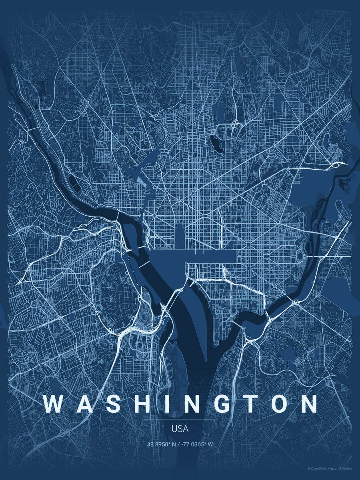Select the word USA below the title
coord(180,429)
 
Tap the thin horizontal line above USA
coord(180,420)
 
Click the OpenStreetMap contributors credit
coord(330,468)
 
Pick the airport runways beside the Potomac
coord(176,364)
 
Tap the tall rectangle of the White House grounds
coord(179,236)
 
